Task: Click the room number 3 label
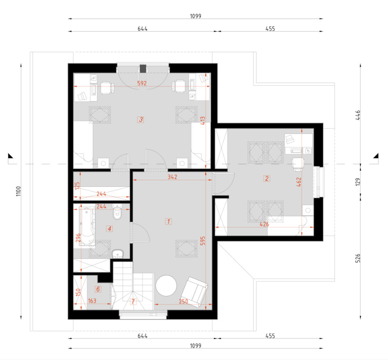pos(141,120)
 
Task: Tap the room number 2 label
pos(266,179)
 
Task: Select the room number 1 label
pos(169,221)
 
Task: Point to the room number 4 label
pos(109,229)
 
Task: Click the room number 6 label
pos(98,289)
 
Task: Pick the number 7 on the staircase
pos(133,302)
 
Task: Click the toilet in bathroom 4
pos(117,212)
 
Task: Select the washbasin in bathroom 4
pos(118,254)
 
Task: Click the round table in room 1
pos(166,286)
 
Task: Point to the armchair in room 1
pos(194,292)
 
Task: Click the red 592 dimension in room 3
pos(142,83)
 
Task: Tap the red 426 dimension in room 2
pos(264,224)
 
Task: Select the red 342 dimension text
pos(172,177)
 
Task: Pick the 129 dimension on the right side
pos(358,182)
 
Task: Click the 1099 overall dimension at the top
pos(196,16)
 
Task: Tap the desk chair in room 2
pos(298,164)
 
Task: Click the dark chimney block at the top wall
pos(143,69)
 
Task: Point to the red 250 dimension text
pos(183,302)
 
